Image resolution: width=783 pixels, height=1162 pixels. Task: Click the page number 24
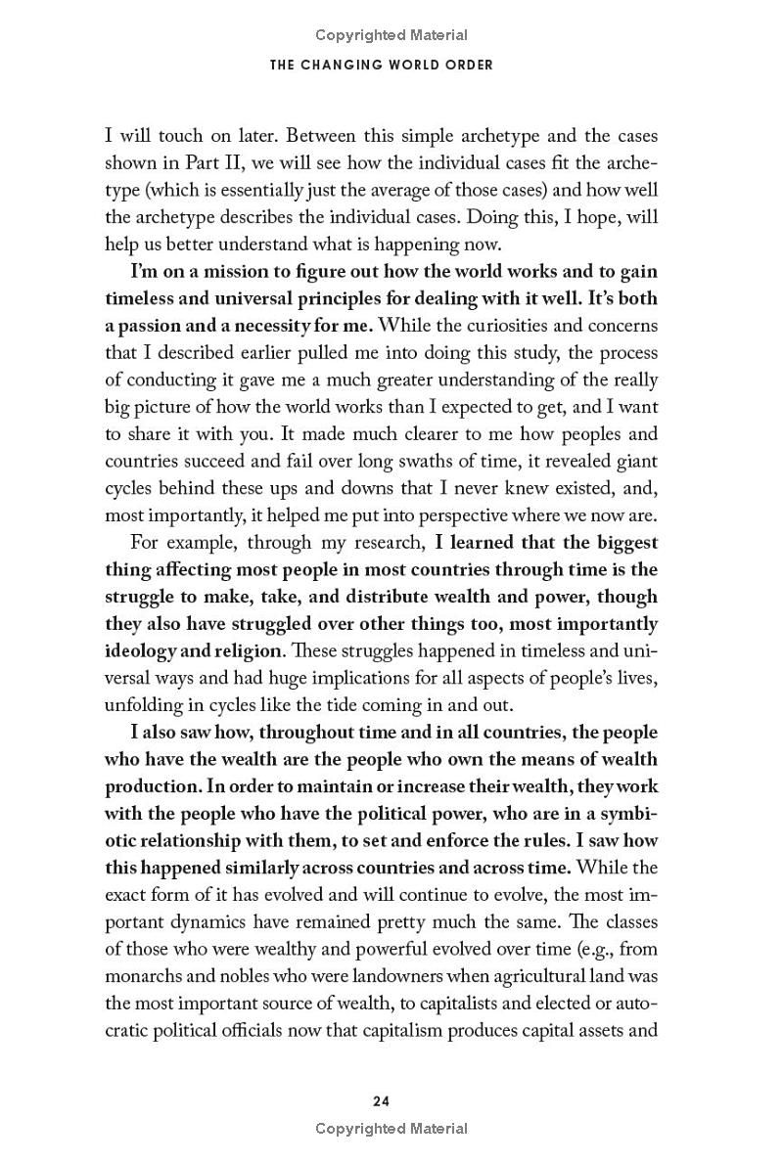pos(382,1100)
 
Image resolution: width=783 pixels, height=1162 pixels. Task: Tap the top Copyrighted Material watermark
pos(391,35)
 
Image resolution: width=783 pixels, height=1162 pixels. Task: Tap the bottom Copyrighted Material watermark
pos(391,1129)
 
